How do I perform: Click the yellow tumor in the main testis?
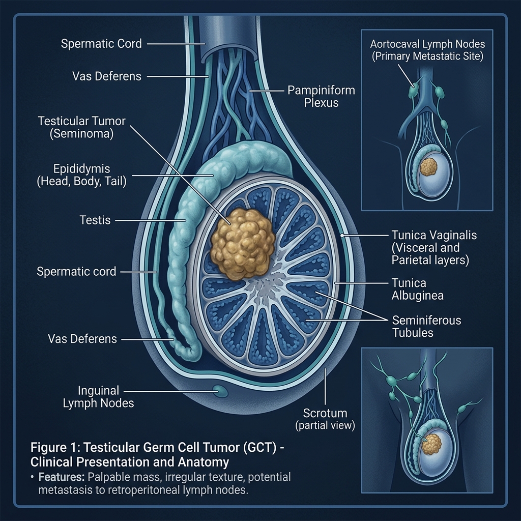click(x=243, y=243)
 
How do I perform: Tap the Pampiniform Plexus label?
click(x=321, y=97)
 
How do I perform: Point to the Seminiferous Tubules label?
click(x=426, y=327)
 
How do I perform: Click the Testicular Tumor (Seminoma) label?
click(x=81, y=128)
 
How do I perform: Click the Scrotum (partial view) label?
click(x=325, y=419)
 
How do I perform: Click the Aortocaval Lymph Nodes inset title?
click(x=426, y=50)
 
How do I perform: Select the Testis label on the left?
click(x=95, y=221)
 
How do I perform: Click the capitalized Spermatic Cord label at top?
click(x=101, y=44)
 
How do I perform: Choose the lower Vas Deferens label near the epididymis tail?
click(x=82, y=338)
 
